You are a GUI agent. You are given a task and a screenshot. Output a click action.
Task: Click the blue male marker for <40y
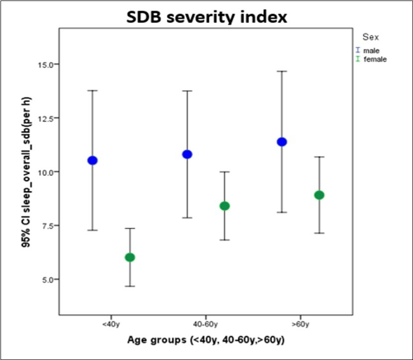(x=93, y=160)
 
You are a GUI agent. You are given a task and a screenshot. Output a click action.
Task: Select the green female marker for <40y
(x=130, y=257)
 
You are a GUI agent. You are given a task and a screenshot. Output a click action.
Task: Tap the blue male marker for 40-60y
(x=187, y=154)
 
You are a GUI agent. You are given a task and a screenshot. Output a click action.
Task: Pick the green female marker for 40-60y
(x=224, y=206)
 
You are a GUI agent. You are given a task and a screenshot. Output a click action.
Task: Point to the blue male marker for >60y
(x=282, y=142)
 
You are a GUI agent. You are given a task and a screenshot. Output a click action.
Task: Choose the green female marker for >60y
(x=319, y=195)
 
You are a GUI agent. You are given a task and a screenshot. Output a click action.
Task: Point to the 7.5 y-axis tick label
(x=46, y=226)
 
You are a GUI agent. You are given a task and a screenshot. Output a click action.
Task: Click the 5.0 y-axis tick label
(x=46, y=279)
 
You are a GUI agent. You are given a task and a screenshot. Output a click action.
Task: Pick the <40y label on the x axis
(x=111, y=325)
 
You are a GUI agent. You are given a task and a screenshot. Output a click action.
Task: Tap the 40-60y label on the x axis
(x=206, y=325)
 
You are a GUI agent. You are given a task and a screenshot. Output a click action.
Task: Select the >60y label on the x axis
(x=301, y=325)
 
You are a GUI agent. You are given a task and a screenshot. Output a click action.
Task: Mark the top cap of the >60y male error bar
(x=282, y=71)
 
